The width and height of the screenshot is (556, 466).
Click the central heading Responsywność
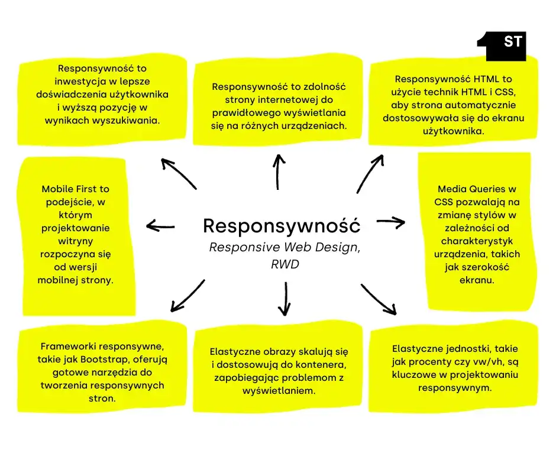click(281, 225)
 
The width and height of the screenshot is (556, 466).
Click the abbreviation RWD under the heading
click(285, 264)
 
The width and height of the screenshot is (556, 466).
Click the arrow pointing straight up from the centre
click(278, 171)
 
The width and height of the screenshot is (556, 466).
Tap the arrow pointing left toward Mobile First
click(160, 225)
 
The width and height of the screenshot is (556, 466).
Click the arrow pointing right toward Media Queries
click(390, 222)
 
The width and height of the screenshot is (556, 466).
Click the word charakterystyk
click(477, 241)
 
